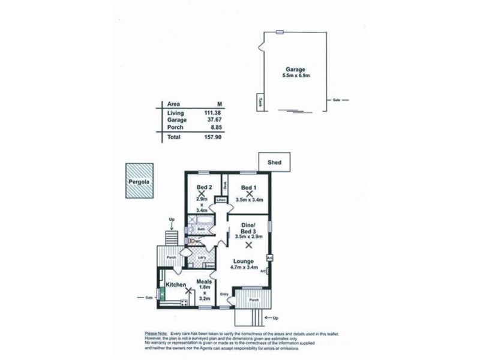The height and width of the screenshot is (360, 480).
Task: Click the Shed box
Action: pyautogui.click(x=274, y=161)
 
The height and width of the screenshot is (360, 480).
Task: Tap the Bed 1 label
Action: pyautogui.click(x=249, y=186)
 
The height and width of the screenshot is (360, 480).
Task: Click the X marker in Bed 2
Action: pyautogui.click(x=202, y=194)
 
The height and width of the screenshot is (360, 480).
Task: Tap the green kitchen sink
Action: pyautogui.click(x=161, y=293)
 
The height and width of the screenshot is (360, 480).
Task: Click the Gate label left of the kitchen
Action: pyautogui.click(x=148, y=297)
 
